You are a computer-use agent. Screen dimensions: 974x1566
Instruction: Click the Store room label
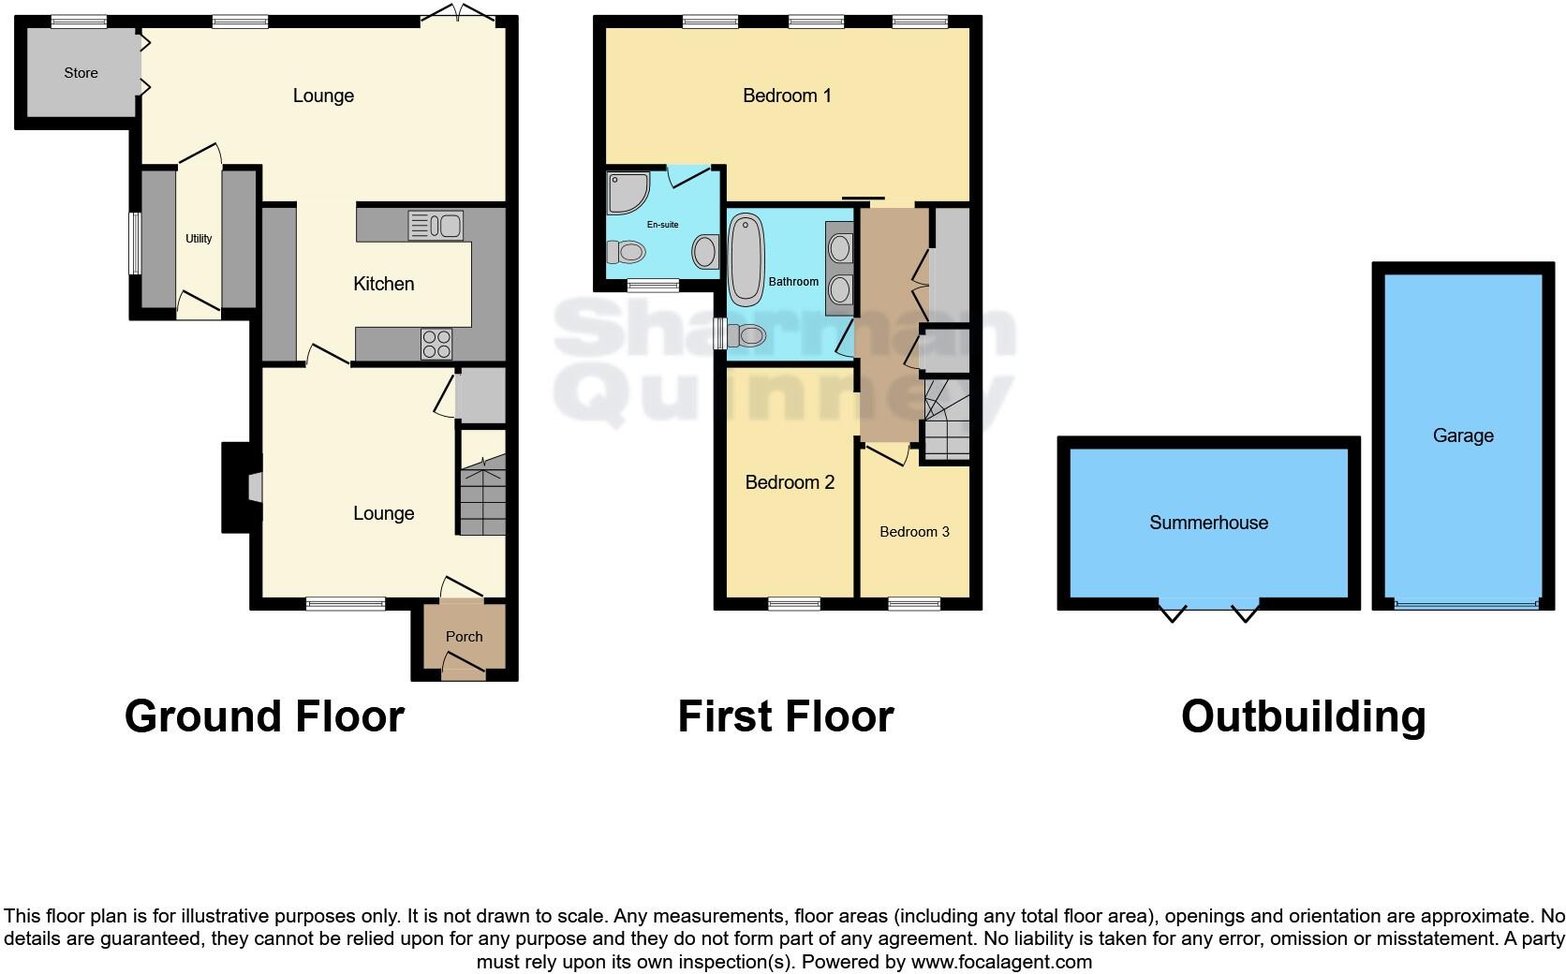81,73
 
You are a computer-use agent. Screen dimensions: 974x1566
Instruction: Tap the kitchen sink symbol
436,225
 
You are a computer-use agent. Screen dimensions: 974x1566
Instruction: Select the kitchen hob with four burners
436,344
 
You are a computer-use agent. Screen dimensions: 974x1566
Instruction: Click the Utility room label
199,239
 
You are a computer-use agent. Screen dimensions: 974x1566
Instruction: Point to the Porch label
464,637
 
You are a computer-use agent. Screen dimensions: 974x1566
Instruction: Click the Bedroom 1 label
787,96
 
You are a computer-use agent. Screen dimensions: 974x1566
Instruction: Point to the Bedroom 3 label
914,532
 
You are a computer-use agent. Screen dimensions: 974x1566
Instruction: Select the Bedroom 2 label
790,482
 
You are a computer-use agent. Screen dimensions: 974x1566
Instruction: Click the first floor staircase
946,419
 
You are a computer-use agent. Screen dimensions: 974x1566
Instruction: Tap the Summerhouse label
1208,523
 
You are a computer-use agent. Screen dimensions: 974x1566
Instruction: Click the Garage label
1462,435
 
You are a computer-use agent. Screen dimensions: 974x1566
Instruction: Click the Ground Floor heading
264,716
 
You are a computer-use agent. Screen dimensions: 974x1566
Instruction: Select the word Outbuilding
1303,716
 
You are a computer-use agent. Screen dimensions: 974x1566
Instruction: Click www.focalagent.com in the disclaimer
1001,962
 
